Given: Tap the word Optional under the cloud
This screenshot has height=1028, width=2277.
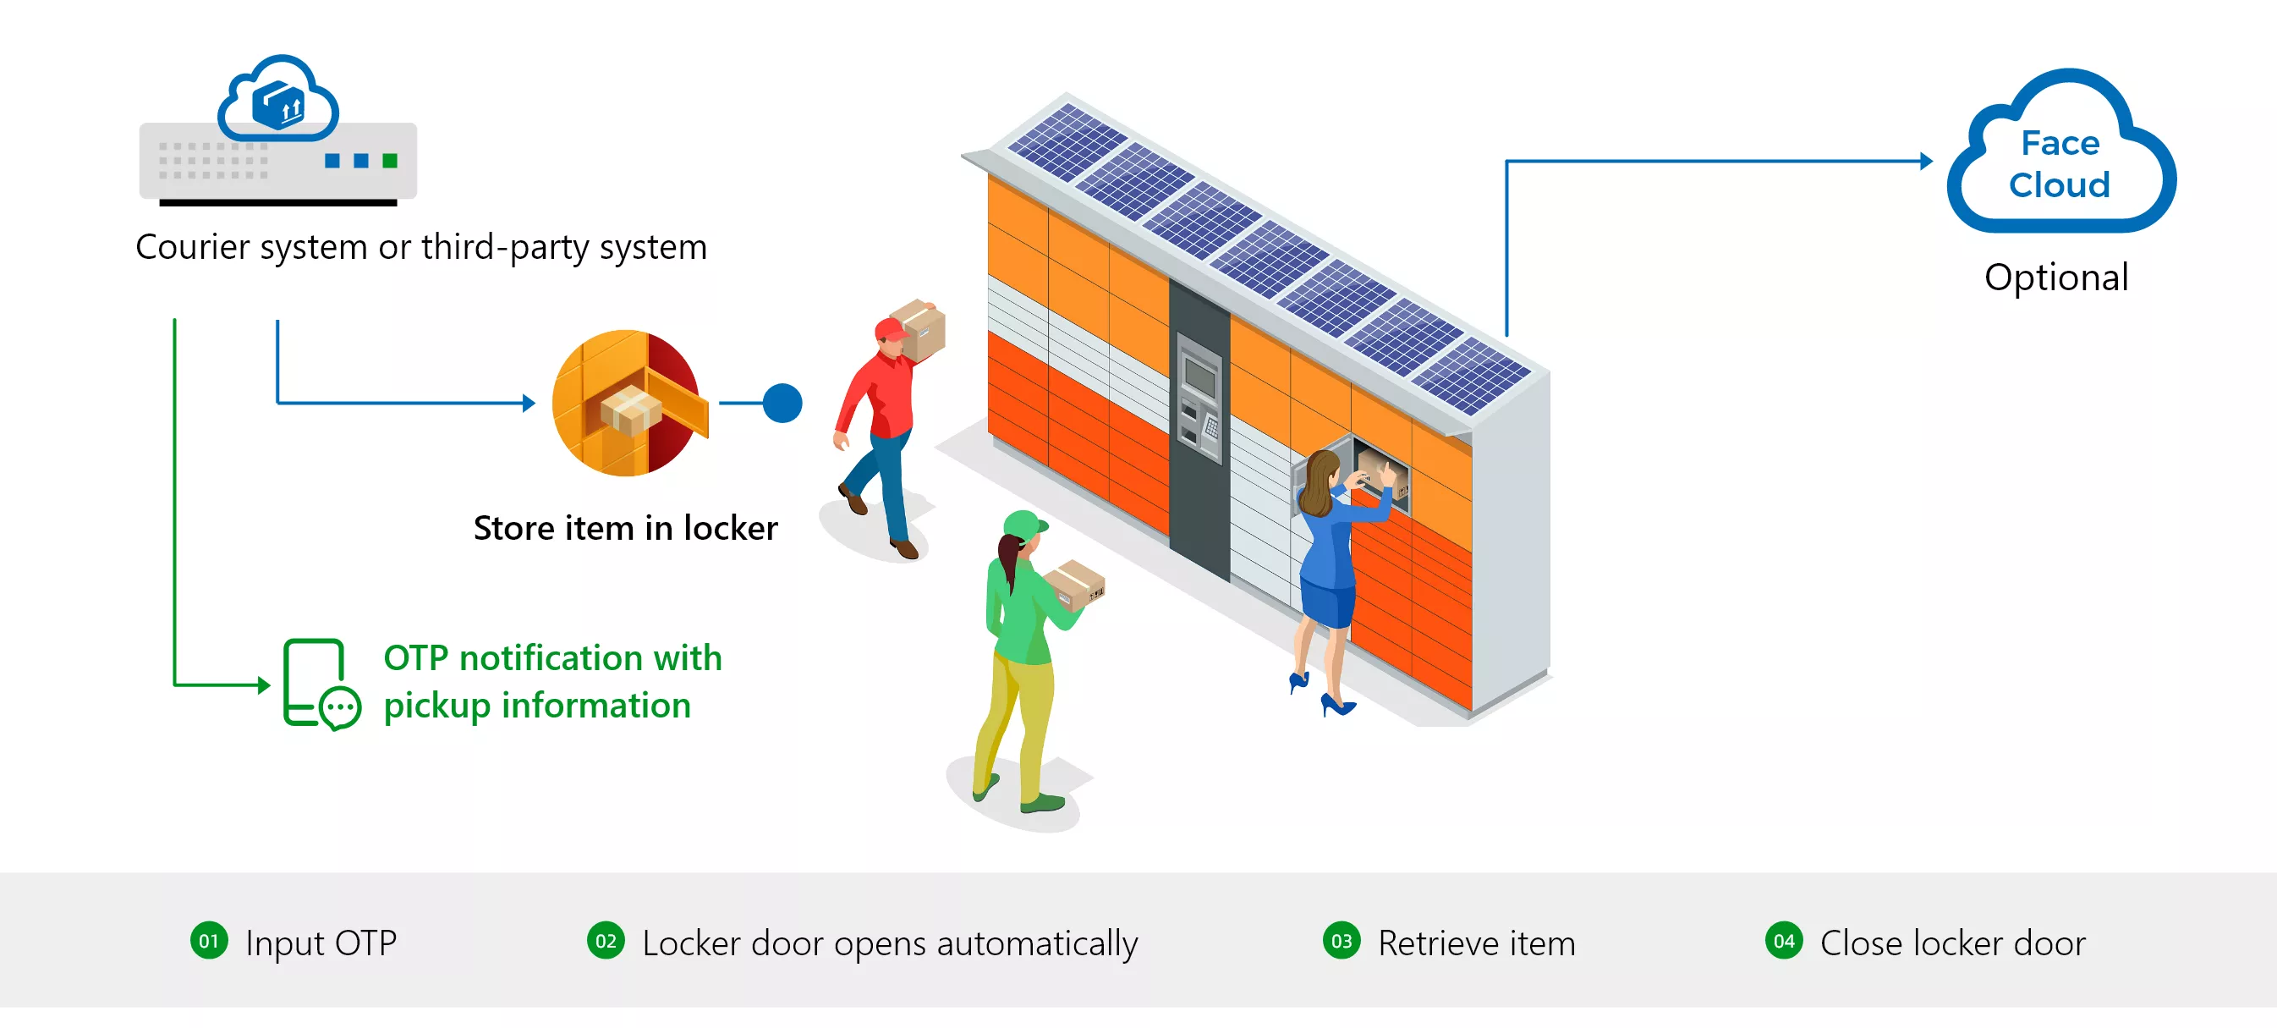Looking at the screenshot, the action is tap(2056, 278).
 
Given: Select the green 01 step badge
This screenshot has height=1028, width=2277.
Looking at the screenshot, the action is tap(209, 941).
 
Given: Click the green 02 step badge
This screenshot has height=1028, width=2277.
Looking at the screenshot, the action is tap(606, 941).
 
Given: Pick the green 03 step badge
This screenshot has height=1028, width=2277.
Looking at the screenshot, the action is tap(1341, 941).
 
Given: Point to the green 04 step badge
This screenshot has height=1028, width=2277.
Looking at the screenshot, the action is tap(1784, 941).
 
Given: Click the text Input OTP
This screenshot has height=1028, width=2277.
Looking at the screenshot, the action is tap(321, 943).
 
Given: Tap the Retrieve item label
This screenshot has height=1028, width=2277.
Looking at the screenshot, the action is tap(1476, 943).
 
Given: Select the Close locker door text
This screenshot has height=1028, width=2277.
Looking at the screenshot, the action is tap(1952, 943).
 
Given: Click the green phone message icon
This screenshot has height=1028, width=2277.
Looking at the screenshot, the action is tap(321, 684).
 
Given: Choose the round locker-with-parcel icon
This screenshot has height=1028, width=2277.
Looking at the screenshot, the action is tap(628, 403).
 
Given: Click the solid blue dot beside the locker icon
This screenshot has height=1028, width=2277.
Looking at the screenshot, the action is tap(782, 403).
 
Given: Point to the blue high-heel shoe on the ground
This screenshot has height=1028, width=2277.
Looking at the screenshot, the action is tap(1336, 705).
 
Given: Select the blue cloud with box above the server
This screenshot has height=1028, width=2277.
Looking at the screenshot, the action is tap(278, 98).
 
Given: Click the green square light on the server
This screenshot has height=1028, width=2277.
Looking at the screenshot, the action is tap(390, 160).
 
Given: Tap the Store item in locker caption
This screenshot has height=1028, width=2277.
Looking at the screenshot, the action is tap(626, 528).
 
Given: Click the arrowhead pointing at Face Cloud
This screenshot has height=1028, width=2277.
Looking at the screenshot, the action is tap(1926, 161).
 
